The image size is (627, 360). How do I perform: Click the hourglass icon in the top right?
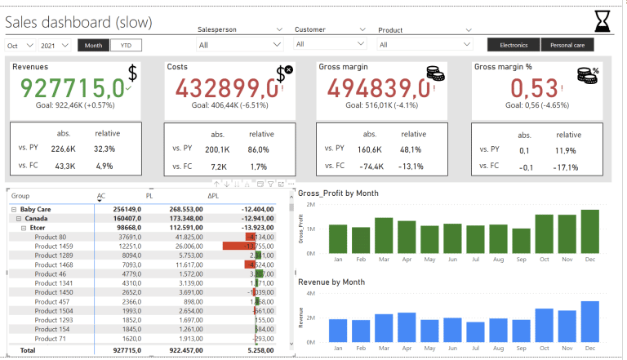(602, 20)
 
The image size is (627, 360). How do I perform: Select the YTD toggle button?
(125, 46)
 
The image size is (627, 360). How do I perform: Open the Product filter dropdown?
(425, 45)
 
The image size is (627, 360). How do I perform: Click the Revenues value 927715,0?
(72, 87)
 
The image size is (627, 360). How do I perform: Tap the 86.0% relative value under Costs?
(259, 149)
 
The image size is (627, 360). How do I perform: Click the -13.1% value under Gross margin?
(409, 167)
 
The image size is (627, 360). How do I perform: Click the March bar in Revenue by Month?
(384, 327)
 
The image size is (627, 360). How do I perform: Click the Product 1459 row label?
(54, 246)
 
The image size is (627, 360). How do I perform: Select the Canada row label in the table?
(36, 219)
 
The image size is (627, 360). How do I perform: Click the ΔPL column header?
(213, 196)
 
